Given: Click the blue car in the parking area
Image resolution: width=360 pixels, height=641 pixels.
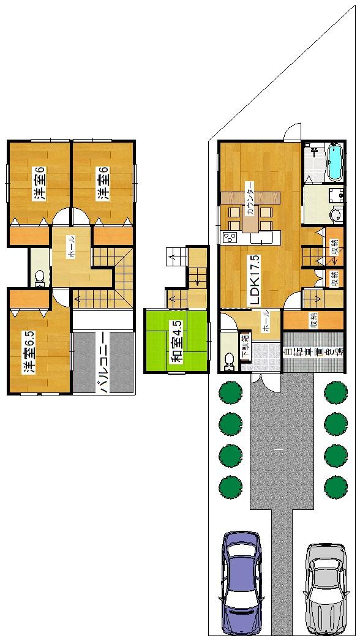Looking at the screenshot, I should coord(241,582).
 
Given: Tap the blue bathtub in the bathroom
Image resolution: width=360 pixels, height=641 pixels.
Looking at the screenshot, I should coord(335,162).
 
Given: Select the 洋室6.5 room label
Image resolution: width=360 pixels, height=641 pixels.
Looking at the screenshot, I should coord(28,353).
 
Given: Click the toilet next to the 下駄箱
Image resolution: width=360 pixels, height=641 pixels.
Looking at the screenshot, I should coord(229,361).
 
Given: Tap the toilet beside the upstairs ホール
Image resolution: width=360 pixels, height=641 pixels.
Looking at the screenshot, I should coord(40,278).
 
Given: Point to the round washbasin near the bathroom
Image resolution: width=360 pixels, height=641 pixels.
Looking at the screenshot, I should coord(337,215).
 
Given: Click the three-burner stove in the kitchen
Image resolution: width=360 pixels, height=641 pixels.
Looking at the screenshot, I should coord(230,238).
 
